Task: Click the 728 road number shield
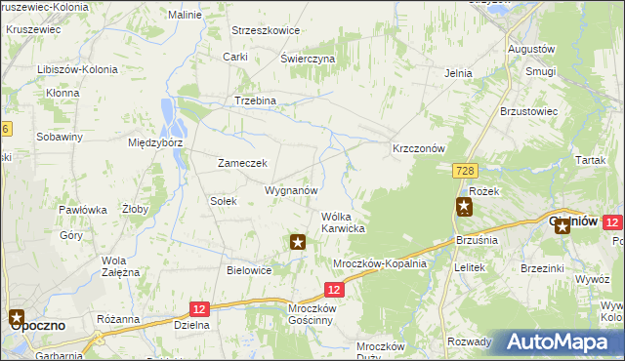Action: pos(464,171)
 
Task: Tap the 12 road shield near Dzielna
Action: pos(198,308)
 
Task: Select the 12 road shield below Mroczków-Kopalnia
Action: pos(334,290)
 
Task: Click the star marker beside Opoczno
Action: pos(18,316)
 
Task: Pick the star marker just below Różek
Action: pos(464,206)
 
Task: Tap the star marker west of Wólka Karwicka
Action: pos(299,240)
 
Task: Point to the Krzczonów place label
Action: pos(418,148)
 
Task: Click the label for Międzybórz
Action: pos(156,142)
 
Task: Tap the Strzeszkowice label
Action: pos(265,30)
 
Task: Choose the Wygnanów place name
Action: pos(292,189)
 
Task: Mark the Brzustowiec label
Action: pos(528,111)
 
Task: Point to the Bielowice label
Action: pos(249,270)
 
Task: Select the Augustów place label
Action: pos(531,48)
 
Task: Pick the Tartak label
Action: pos(591,159)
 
